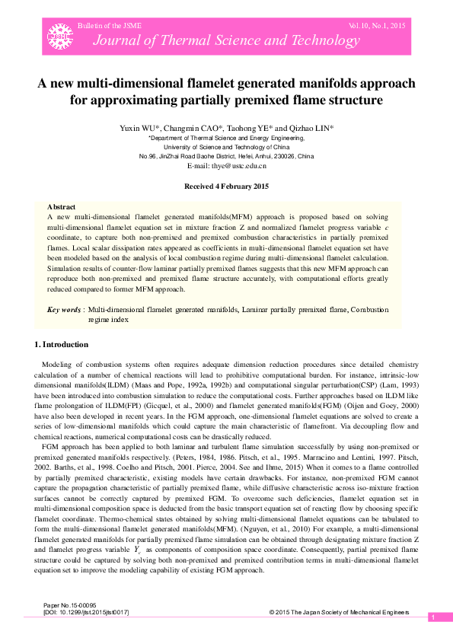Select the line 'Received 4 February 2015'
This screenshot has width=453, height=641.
[x=227, y=187]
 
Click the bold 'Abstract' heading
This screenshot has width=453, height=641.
[x=61, y=207]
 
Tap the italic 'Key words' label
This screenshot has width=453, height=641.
[x=64, y=311]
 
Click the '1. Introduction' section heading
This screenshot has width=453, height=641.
[x=62, y=345]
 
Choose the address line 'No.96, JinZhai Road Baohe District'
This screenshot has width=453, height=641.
[x=227, y=156]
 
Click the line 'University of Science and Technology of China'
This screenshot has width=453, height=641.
[x=227, y=147]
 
